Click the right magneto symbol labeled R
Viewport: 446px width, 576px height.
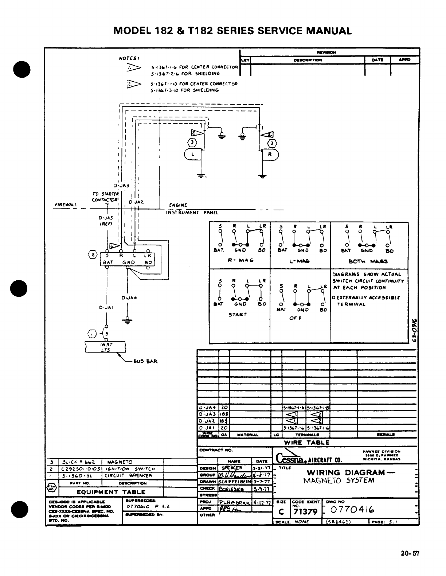tap(270, 154)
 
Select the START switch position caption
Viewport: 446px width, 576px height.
tap(238, 314)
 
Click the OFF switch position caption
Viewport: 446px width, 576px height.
tap(294, 318)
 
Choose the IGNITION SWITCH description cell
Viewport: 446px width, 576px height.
tap(130, 469)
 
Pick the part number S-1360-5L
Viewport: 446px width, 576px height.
tap(78, 475)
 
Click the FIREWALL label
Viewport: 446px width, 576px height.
tap(66, 205)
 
